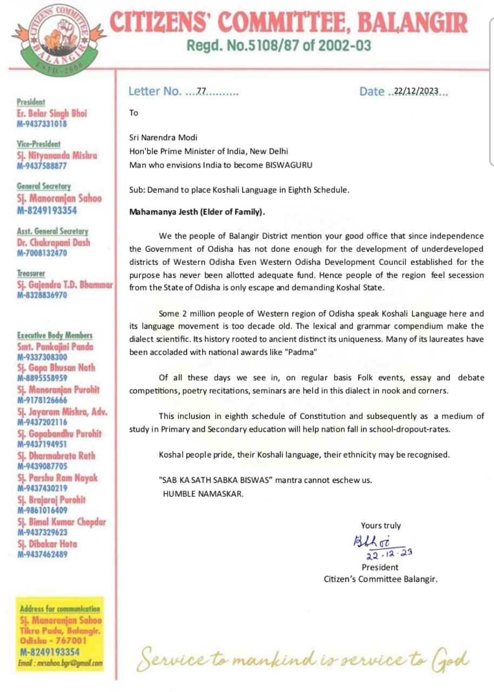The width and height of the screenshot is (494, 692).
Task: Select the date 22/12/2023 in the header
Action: click(x=416, y=91)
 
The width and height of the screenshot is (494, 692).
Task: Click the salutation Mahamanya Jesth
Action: click(x=165, y=212)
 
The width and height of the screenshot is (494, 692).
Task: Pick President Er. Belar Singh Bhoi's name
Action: click(x=52, y=114)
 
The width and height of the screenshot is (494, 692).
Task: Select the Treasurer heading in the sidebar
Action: click(x=31, y=274)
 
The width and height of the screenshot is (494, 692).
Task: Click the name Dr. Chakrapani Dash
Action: click(x=54, y=243)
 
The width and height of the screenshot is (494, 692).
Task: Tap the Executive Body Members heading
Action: click(x=55, y=335)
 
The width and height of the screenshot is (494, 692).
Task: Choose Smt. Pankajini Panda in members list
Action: click(x=55, y=347)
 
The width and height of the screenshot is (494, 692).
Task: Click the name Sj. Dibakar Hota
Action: click(x=48, y=544)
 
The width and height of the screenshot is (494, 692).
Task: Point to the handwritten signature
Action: click(x=371, y=541)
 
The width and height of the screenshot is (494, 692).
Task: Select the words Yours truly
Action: click(x=381, y=525)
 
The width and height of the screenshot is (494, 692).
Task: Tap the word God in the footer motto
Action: click(x=451, y=660)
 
